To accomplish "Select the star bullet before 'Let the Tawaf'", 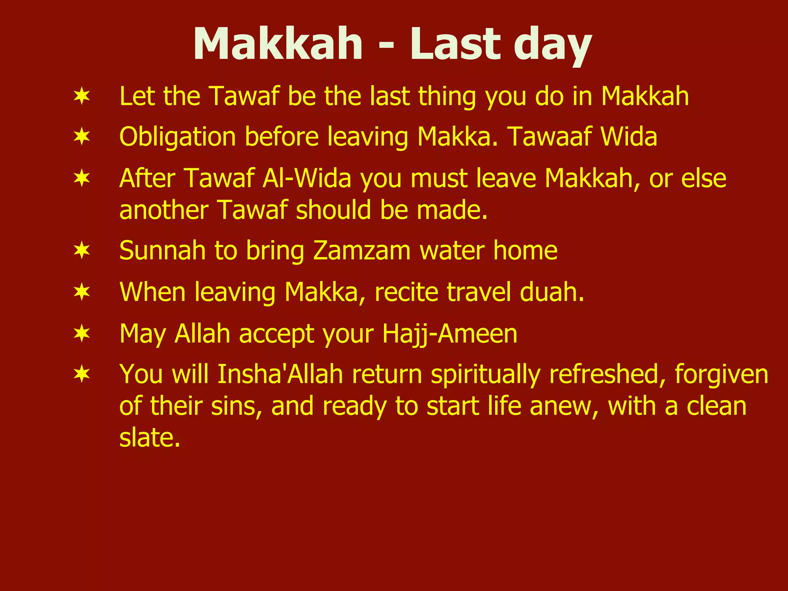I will click(x=82, y=96).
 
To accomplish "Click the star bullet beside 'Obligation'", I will click(x=82, y=137).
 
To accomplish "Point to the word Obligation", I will click(x=177, y=137).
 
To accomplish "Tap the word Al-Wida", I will click(x=307, y=178).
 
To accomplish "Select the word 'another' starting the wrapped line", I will click(x=164, y=210).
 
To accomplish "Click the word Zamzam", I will click(x=362, y=251).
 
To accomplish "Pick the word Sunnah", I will click(x=162, y=251).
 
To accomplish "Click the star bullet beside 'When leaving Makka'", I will click(x=82, y=292).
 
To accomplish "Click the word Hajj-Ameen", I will click(x=450, y=334).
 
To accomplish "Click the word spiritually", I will click(x=485, y=375).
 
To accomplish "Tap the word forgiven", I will click(x=721, y=374).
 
